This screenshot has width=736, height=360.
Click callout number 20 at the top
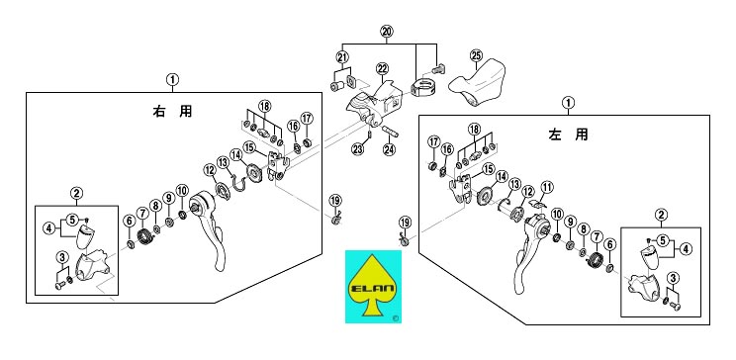pyautogui.click(x=387, y=32)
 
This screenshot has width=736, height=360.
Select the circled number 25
pyautogui.click(x=476, y=55)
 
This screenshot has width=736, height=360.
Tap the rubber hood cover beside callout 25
pyautogui.click(x=477, y=83)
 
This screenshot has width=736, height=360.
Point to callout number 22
pyautogui.click(x=382, y=69)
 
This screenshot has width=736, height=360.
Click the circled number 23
pyautogui.click(x=358, y=149)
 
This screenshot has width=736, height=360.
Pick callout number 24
pyautogui.click(x=389, y=149)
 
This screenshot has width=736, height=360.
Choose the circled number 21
pyautogui.click(x=342, y=56)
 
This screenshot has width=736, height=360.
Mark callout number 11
pyautogui.click(x=547, y=187)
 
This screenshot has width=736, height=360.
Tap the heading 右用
pyautogui.click(x=173, y=111)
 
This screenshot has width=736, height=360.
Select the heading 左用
pyautogui.click(x=569, y=135)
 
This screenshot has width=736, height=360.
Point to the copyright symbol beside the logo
pyautogui.click(x=396, y=318)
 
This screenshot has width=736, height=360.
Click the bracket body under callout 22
pyautogui.click(x=373, y=105)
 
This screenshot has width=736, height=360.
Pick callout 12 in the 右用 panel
pyautogui.click(x=210, y=168)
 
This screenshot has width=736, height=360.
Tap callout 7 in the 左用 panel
pyautogui.click(x=597, y=236)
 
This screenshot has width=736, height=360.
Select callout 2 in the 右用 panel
pyautogui.click(x=76, y=193)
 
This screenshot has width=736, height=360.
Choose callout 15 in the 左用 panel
pyautogui.click(x=489, y=168)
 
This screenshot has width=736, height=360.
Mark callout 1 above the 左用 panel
pyautogui.click(x=569, y=102)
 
